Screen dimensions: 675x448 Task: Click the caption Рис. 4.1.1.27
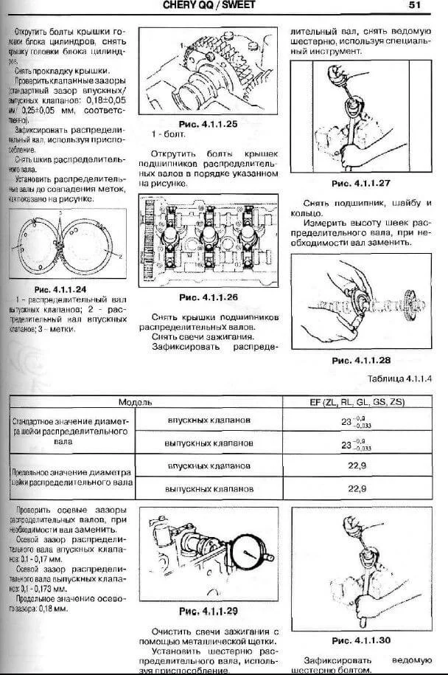(361, 182)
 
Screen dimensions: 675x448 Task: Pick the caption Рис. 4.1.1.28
(361, 360)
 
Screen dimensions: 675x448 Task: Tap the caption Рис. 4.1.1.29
(209, 612)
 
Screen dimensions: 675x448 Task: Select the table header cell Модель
(135, 402)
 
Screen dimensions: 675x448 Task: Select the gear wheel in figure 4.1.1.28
(410, 302)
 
